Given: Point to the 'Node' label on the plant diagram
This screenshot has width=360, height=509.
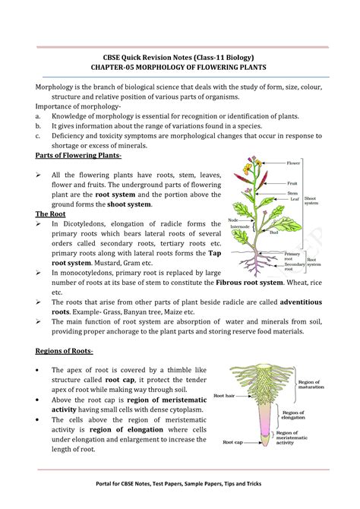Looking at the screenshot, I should point(233,220).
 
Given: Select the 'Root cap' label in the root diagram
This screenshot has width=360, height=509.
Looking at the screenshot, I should point(232,441).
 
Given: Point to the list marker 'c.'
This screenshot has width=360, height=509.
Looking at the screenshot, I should point(39,135).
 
